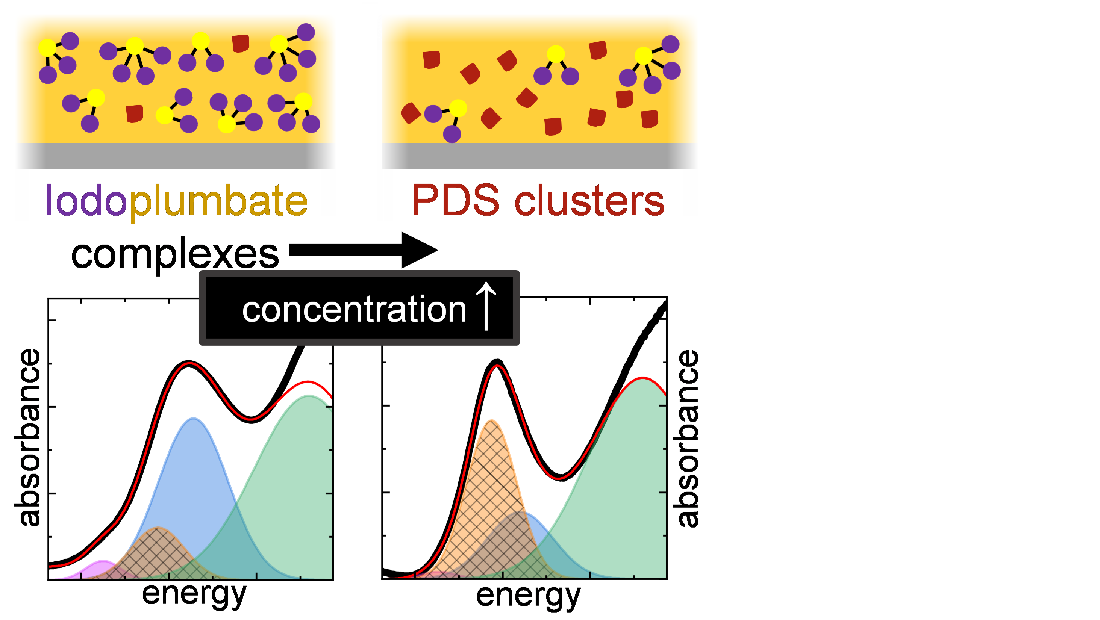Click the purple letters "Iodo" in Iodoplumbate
[x=85, y=201]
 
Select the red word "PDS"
[x=456, y=200]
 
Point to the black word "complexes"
[x=175, y=254]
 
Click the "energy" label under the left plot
[x=194, y=594]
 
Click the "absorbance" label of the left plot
[x=29, y=437]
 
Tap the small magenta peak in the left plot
[x=100, y=570]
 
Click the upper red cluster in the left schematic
[x=240, y=44]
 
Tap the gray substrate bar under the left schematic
[x=175, y=156]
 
